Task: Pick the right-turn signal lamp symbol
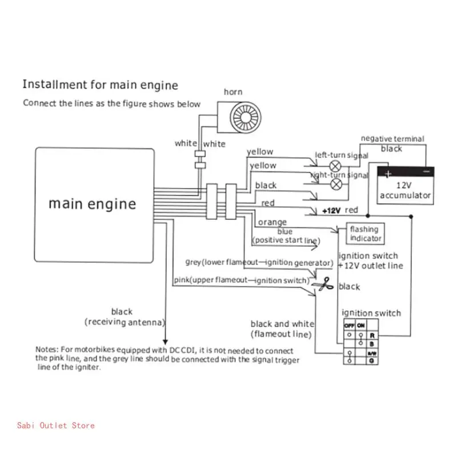click(x=337, y=183)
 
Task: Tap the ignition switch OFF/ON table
click(x=358, y=342)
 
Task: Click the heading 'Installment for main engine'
click(x=100, y=86)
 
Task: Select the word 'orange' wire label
click(x=272, y=222)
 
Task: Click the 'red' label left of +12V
click(x=267, y=203)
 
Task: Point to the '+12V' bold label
click(x=331, y=211)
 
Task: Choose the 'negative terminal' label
click(x=392, y=139)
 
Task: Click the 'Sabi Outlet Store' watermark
click(x=56, y=425)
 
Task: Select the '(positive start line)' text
click(x=284, y=241)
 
